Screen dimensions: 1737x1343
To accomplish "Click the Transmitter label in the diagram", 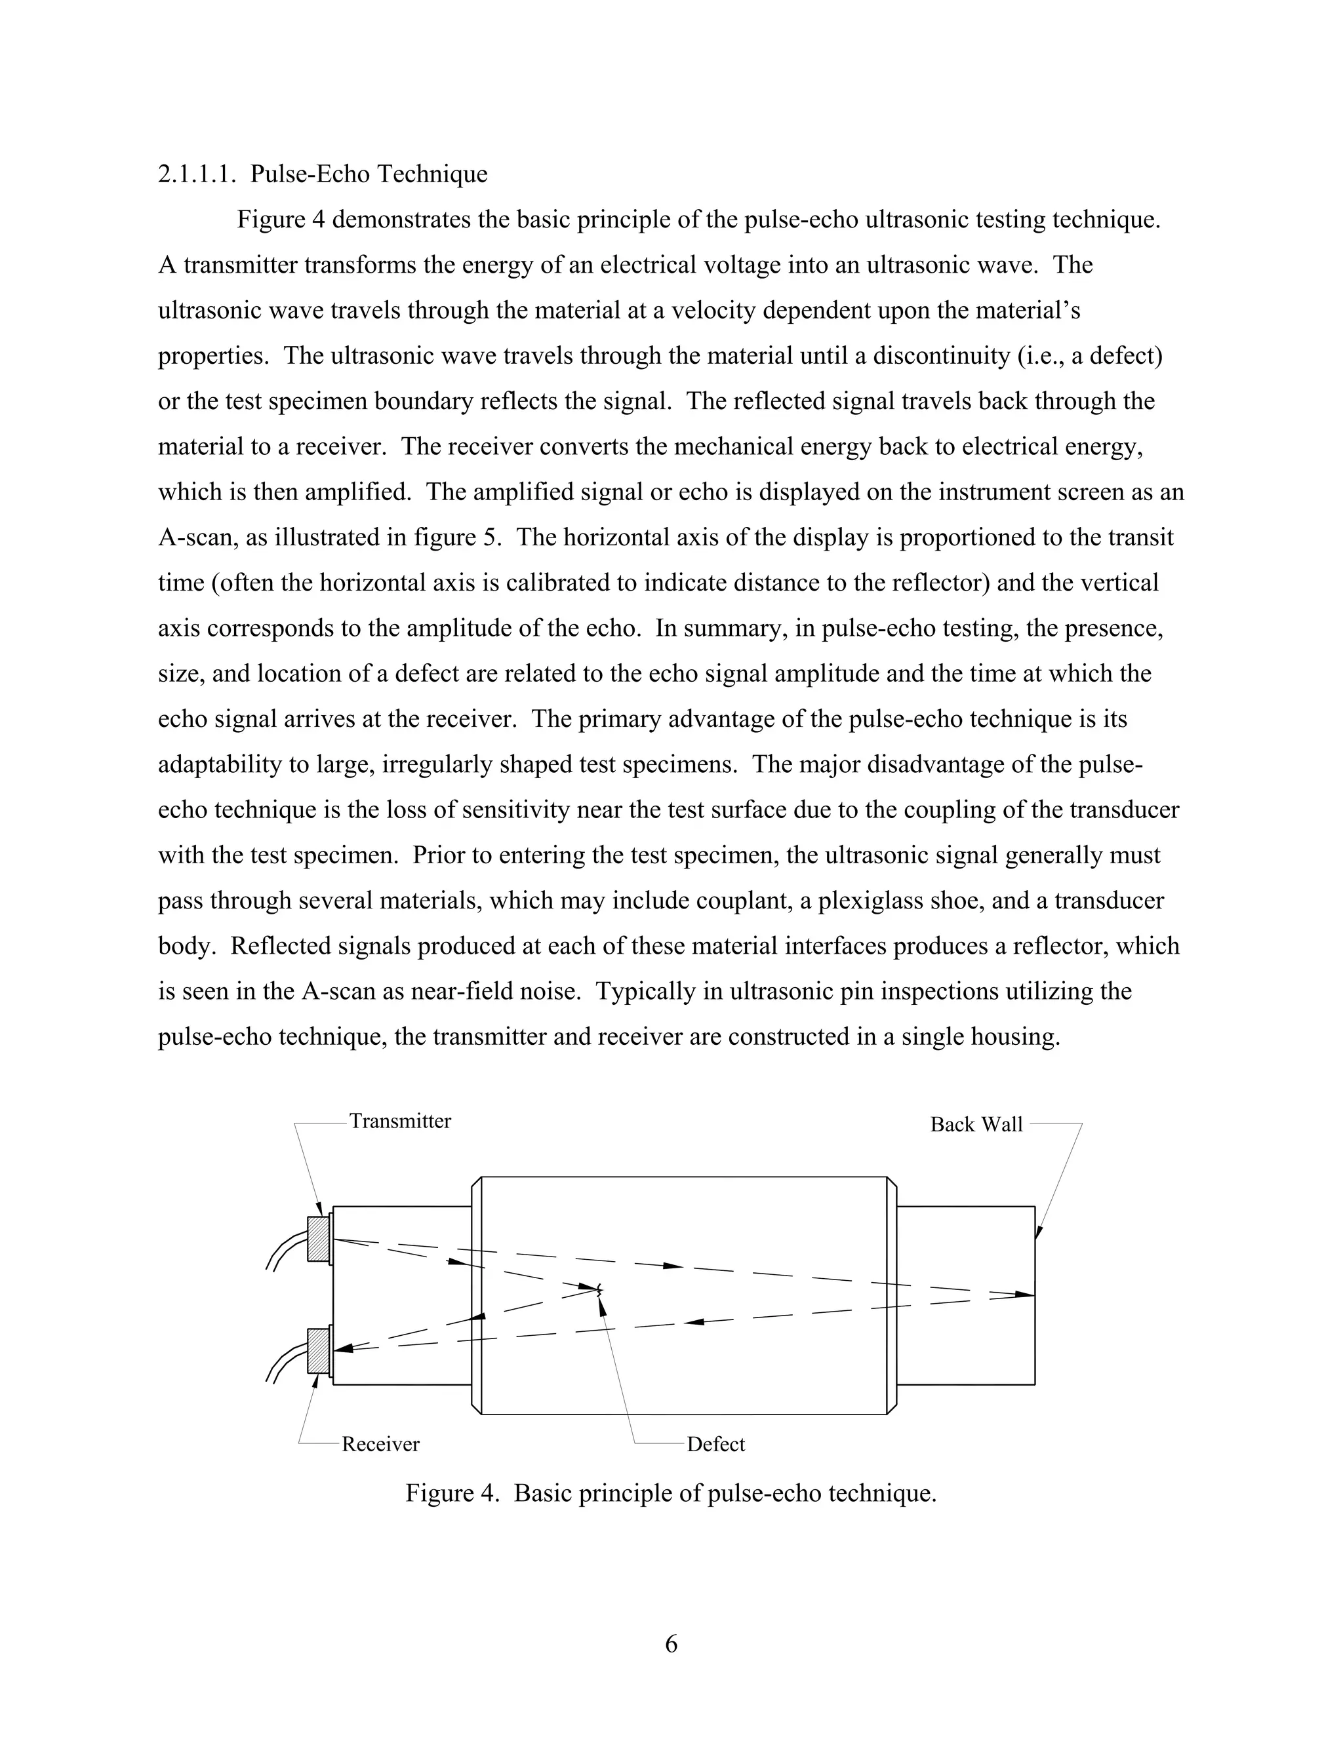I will click(x=399, y=1122).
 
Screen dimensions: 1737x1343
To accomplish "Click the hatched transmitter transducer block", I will click(x=318, y=1239).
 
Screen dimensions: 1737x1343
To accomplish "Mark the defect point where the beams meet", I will click(x=598, y=1289).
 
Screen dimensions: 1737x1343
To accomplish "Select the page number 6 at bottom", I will click(x=671, y=1644).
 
